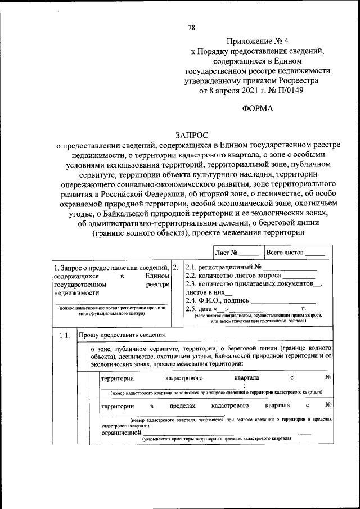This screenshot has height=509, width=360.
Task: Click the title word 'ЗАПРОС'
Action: (x=191, y=135)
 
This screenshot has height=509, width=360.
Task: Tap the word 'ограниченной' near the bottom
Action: (x=120, y=433)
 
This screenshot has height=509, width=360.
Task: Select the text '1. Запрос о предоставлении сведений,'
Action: (x=110, y=267)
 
